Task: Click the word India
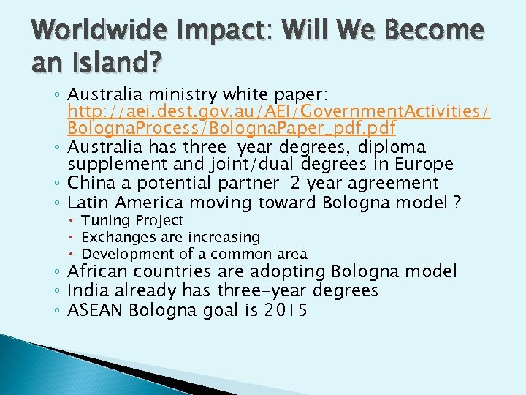pos(86,290)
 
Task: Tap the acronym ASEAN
pos(96,309)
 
